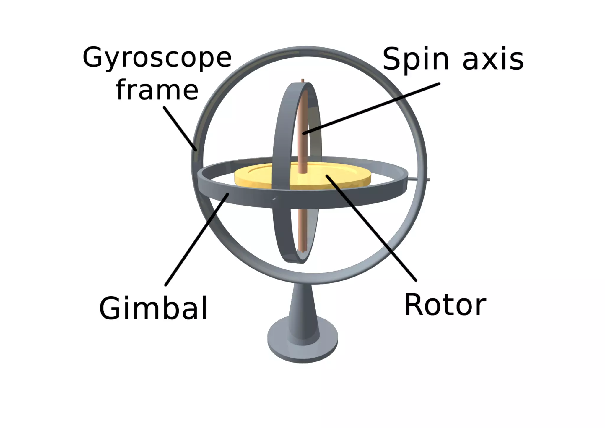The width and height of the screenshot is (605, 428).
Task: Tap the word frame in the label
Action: pyautogui.click(x=157, y=90)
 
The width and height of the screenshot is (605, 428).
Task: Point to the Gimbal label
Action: pyautogui.click(x=153, y=308)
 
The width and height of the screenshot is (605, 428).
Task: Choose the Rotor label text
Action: pyautogui.click(x=445, y=305)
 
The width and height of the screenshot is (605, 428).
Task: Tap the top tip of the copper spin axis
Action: pyautogui.click(x=302, y=80)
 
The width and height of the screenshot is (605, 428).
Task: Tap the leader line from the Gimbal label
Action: pyautogui.click(x=196, y=240)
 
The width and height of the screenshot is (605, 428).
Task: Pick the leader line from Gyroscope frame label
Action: pyautogui.click(x=180, y=129)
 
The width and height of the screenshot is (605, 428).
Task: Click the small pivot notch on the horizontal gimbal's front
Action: pyautogui.click(x=274, y=199)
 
